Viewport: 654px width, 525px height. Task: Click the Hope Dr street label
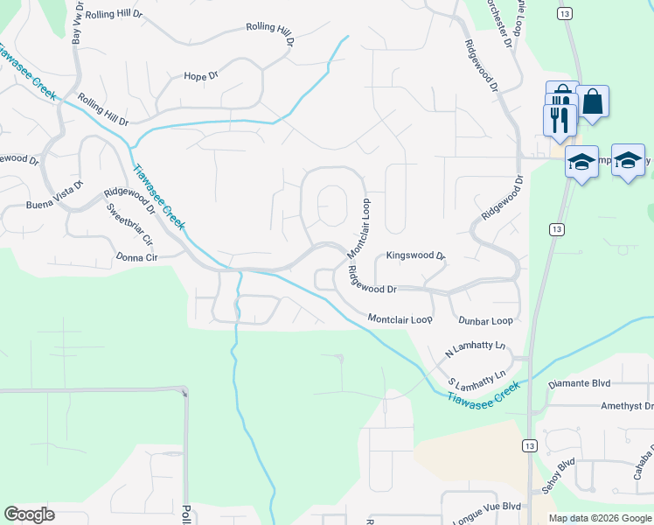tap(200, 77)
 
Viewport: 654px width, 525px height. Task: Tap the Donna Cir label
tap(136, 257)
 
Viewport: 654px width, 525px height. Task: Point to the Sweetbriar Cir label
tap(129, 225)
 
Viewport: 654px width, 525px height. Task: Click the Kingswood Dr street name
tap(416, 257)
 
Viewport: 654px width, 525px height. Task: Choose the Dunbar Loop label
tap(485, 321)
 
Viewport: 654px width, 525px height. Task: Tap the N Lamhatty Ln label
tap(476, 347)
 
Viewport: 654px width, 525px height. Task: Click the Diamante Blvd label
tap(578, 383)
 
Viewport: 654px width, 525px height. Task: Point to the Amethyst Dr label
tap(626, 406)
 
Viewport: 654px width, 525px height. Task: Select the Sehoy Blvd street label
tap(560, 478)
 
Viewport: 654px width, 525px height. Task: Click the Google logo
tap(30, 514)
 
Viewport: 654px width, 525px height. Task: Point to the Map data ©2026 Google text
tap(599, 518)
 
